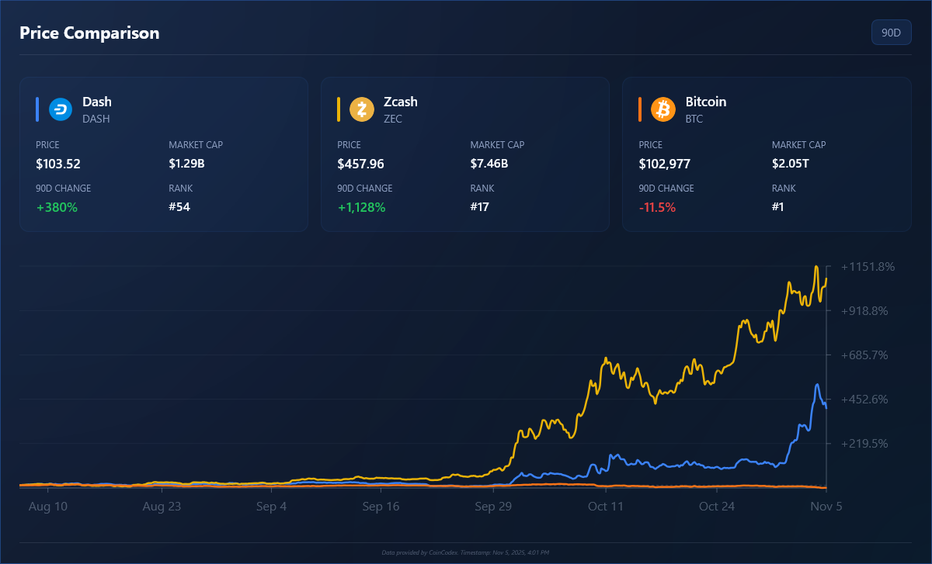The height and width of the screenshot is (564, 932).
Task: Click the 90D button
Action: coord(891,33)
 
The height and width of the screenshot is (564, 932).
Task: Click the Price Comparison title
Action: coord(89,33)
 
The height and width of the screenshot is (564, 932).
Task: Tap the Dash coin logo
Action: coord(61,109)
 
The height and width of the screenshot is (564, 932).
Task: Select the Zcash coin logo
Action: coord(362,109)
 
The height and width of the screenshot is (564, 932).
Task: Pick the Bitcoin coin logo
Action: coord(663,109)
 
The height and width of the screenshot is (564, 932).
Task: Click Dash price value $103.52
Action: coord(58,164)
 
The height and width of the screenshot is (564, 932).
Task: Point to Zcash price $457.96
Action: coord(360,164)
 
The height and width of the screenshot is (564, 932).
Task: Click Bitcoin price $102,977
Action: coord(664,164)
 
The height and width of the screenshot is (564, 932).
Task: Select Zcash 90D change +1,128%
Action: coord(361,207)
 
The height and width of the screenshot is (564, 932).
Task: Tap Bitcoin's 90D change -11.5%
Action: coord(657,207)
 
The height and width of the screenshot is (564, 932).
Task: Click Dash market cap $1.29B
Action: coord(186,164)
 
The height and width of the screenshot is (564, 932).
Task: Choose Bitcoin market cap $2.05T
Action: coord(790,164)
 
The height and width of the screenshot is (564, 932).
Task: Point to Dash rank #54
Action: coord(179,207)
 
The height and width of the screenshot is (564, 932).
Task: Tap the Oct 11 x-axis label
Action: coord(606,507)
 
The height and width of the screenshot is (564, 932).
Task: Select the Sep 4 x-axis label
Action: coord(271,507)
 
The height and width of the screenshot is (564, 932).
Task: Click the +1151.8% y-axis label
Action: coord(868,267)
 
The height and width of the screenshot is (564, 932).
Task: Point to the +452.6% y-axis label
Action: coord(868,400)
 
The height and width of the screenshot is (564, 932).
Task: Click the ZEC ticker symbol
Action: coord(393,119)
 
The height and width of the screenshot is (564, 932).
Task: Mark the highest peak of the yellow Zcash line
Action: coord(816,266)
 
